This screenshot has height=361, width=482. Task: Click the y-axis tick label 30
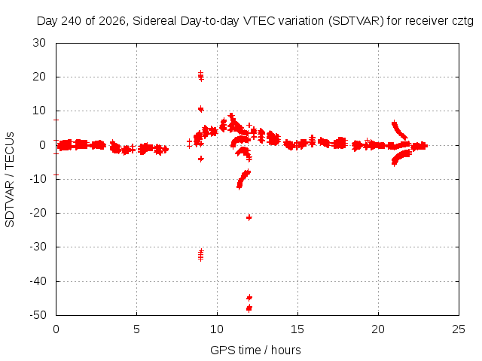[39, 43]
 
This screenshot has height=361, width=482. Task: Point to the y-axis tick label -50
[38, 315]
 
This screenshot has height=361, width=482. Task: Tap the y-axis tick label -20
[38, 213]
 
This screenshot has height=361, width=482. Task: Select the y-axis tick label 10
[39, 111]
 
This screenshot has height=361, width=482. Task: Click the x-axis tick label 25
[459, 329]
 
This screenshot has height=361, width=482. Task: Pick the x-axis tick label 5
[136, 329]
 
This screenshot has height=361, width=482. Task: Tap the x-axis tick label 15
[297, 329]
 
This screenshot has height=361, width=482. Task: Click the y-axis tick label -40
[38, 281]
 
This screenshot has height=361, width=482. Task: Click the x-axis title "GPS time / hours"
[255, 350]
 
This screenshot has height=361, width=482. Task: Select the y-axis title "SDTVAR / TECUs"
[10, 180]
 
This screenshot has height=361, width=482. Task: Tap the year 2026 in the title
[112, 21]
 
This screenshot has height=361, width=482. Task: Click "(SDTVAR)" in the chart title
[356, 21]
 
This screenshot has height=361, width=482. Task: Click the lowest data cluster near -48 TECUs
[249, 308]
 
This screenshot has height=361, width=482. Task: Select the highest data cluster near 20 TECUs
[201, 76]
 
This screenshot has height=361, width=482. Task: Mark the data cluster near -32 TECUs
[201, 255]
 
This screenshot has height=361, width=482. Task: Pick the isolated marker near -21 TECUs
[249, 217]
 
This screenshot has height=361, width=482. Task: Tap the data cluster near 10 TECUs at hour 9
[201, 109]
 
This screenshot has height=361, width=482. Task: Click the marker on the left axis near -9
[56, 174]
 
